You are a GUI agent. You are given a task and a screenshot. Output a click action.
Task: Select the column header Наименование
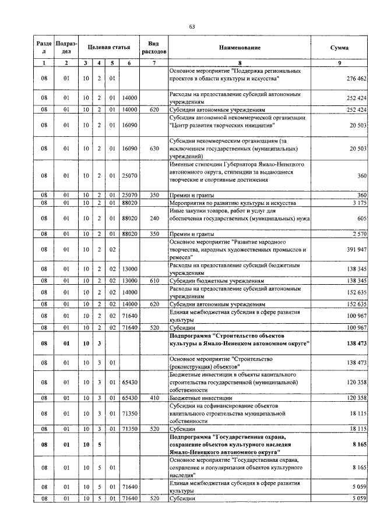point(240,47)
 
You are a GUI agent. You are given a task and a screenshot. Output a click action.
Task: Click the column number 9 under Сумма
point(339,62)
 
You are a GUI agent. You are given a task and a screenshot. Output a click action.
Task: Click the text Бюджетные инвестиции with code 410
point(199,397)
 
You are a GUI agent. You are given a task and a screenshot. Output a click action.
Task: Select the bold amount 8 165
point(357,444)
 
